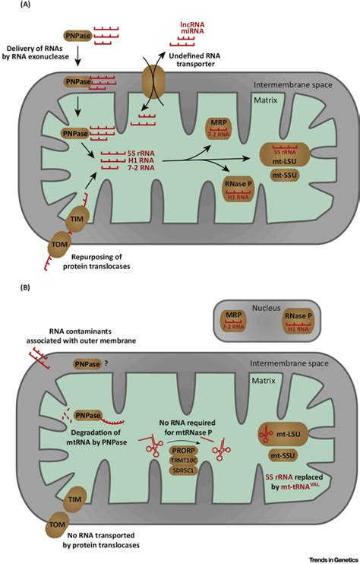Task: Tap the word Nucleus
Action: [x=267, y=299]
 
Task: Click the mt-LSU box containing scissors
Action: [x=285, y=434]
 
